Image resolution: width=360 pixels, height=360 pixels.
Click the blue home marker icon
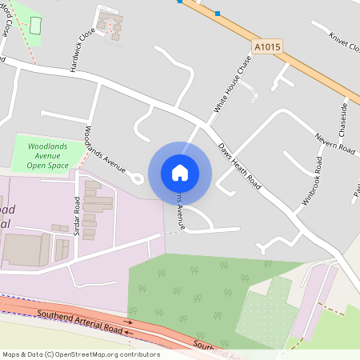point(180,172)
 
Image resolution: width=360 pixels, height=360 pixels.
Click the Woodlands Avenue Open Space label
point(47,156)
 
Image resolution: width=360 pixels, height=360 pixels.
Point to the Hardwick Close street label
point(82,47)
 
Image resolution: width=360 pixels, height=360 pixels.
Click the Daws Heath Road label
point(240,165)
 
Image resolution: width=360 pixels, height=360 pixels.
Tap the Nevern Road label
point(334,143)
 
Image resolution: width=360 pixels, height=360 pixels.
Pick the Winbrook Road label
point(308,182)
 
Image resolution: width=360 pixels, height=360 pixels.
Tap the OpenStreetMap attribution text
point(80,354)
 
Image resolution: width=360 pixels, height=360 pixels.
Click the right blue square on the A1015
point(218,13)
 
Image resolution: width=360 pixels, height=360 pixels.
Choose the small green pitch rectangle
point(35,24)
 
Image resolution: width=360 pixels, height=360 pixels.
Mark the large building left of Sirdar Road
point(26,250)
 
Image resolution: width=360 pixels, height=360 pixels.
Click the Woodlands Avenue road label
point(104,150)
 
